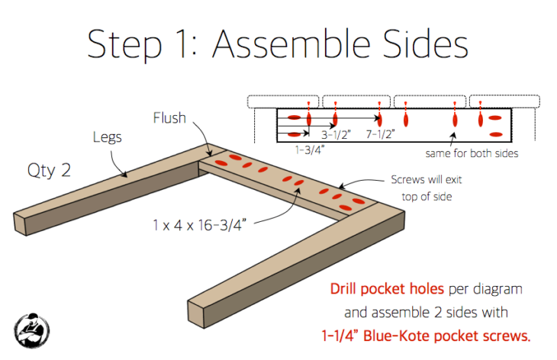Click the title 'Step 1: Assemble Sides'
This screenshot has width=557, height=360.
pyautogui.click(x=277, y=45)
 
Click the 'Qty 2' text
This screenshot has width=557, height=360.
pyautogui.click(x=49, y=169)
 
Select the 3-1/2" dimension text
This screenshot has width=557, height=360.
pyautogui.click(x=335, y=135)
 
